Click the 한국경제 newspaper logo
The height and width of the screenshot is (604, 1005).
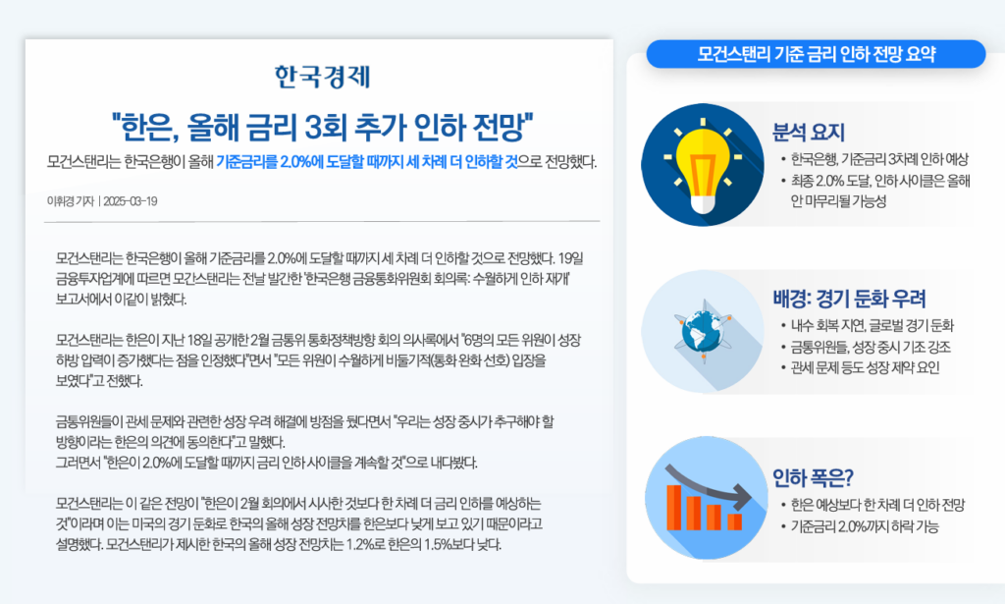coord(322,77)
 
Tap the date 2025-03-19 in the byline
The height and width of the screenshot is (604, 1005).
coord(131,201)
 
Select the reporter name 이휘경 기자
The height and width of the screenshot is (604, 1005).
coord(71,201)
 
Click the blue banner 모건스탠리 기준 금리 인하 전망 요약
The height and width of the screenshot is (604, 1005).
coord(816,54)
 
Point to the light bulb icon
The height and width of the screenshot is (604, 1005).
coord(703,165)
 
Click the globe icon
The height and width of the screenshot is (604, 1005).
coord(703,332)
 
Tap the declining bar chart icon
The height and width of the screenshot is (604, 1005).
coord(706,499)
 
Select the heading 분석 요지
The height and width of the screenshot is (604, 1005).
coord(809,132)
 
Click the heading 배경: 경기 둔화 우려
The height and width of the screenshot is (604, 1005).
coord(849,299)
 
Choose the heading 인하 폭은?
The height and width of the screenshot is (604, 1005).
coord(813,477)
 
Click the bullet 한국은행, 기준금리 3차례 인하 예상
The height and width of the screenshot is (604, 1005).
coord(879,160)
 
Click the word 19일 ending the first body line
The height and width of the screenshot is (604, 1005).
coord(571,259)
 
